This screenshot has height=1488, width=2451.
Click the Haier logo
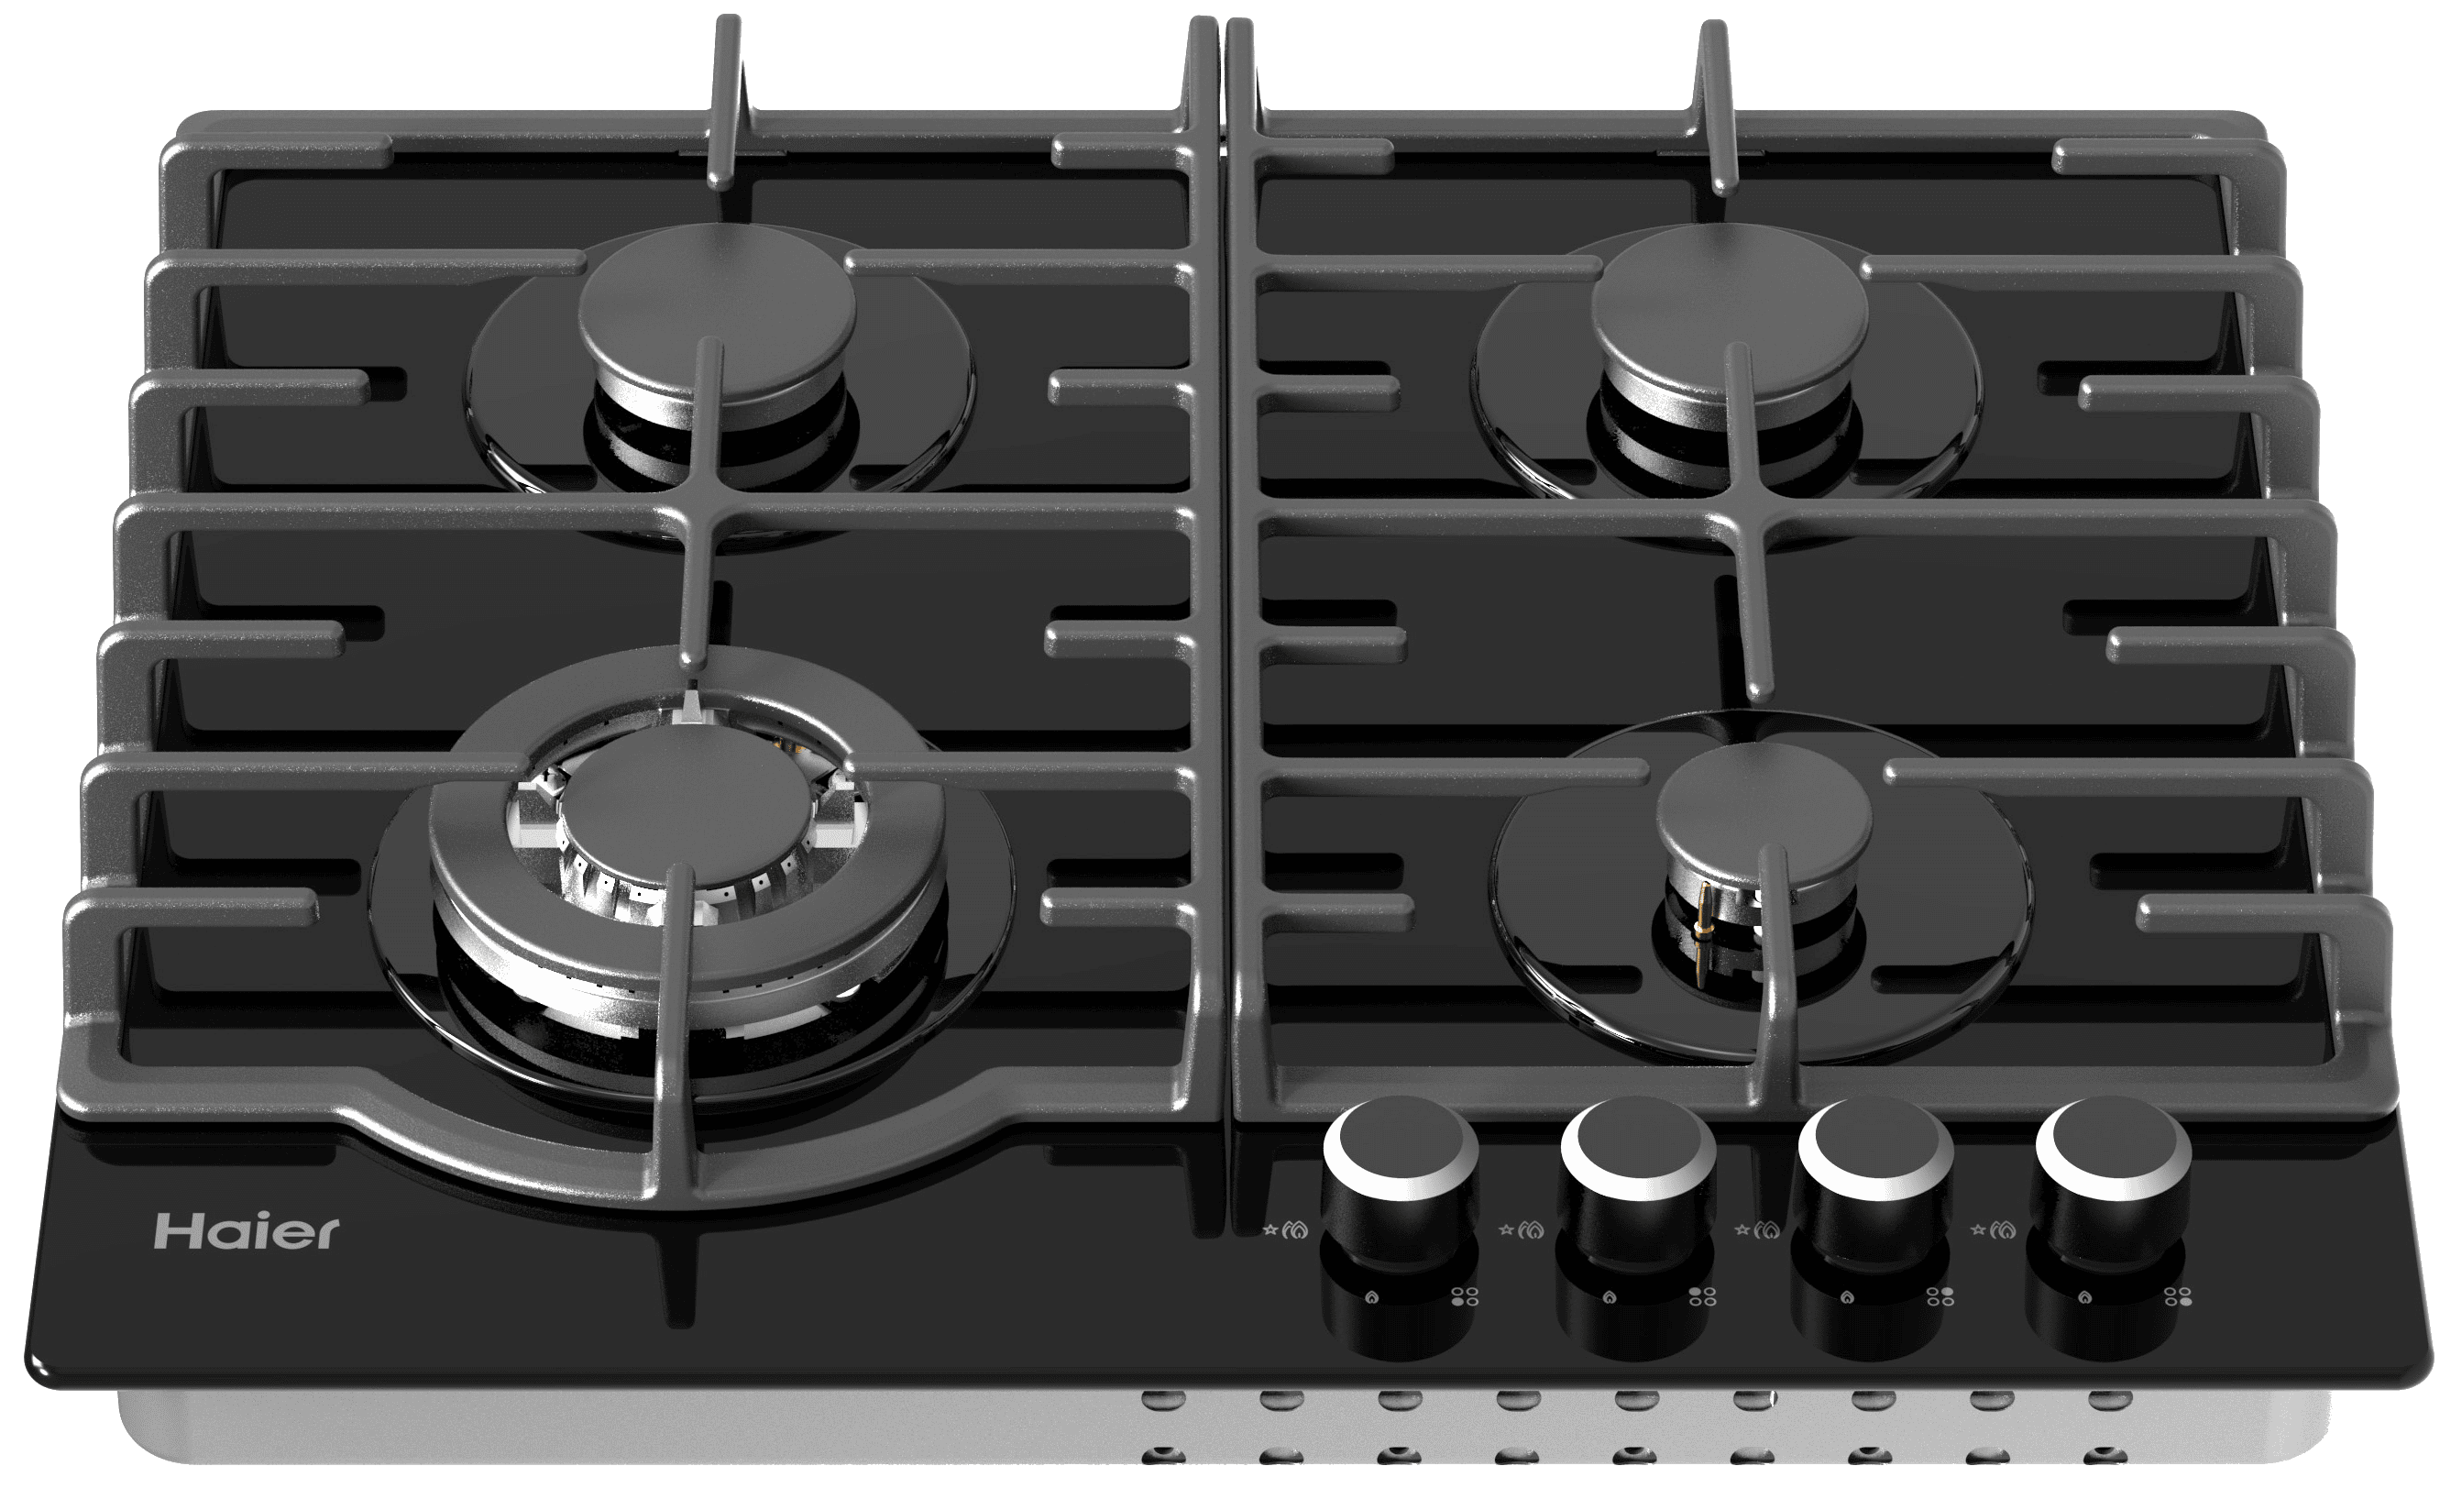click(247, 1231)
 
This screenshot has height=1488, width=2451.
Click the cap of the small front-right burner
click(1764, 811)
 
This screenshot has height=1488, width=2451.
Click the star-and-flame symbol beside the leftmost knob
click(1285, 1230)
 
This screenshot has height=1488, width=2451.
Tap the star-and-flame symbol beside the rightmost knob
click(1994, 1230)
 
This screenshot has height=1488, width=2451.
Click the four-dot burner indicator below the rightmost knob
click(2179, 1296)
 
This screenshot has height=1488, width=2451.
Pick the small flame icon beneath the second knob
click(1610, 1297)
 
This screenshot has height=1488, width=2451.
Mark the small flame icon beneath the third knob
click(1848, 1297)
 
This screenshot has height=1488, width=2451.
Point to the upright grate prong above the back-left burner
click(726, 99)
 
